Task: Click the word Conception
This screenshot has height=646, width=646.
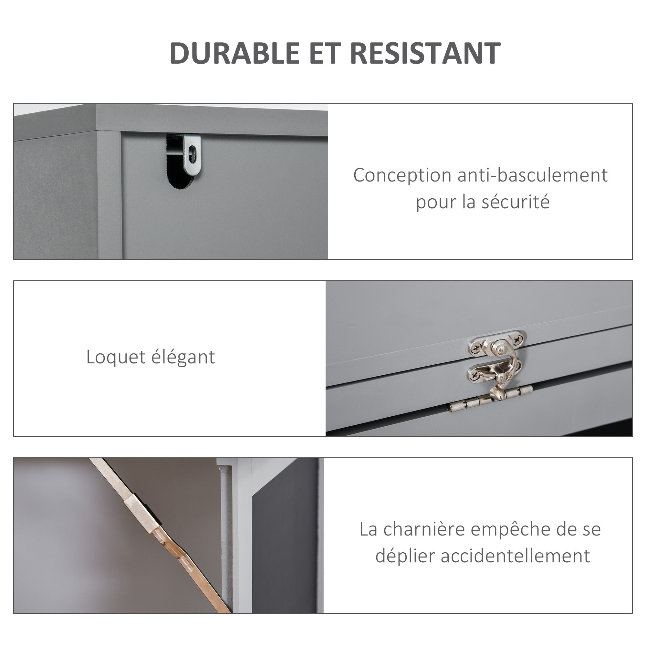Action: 402,175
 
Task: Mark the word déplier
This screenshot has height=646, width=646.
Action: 405,557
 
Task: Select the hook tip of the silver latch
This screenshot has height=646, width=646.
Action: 496,395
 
